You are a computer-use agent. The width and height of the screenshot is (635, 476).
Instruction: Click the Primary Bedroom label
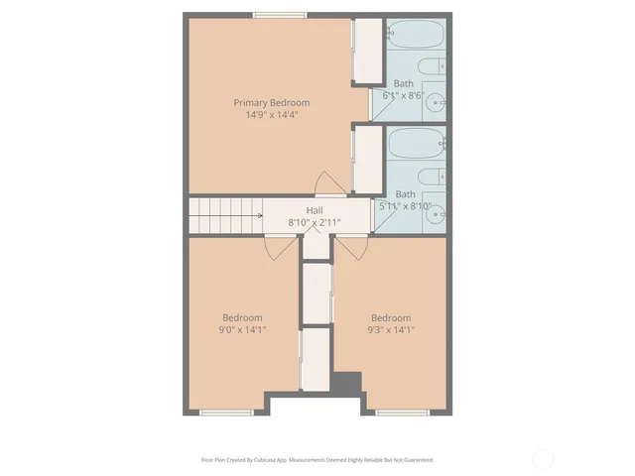coord(271,102)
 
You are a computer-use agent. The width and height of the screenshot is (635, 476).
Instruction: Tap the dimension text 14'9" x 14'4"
coord(271,115)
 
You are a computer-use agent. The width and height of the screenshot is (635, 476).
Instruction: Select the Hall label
coord(314,210)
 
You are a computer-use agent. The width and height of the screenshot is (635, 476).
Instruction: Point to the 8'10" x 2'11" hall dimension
coord(314,222)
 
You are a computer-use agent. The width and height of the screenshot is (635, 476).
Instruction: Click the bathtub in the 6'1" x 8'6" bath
coord(415,39)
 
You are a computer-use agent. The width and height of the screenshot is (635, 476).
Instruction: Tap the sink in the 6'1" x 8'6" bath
coord(434,100)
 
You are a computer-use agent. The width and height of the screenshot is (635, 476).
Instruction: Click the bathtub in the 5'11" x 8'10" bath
coord(416,145)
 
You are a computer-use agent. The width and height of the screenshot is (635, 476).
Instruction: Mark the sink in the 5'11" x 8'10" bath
coord(434,211)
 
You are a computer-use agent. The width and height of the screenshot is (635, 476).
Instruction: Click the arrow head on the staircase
coord(259,215)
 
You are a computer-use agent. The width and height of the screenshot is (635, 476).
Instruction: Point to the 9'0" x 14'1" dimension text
coord(242,329)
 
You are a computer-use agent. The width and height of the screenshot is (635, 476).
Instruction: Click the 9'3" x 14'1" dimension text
coord(390,329)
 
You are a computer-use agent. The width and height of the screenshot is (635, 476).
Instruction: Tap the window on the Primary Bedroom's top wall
coord(278,15)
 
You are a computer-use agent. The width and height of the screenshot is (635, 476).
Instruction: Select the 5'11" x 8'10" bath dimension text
coord(405,205)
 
